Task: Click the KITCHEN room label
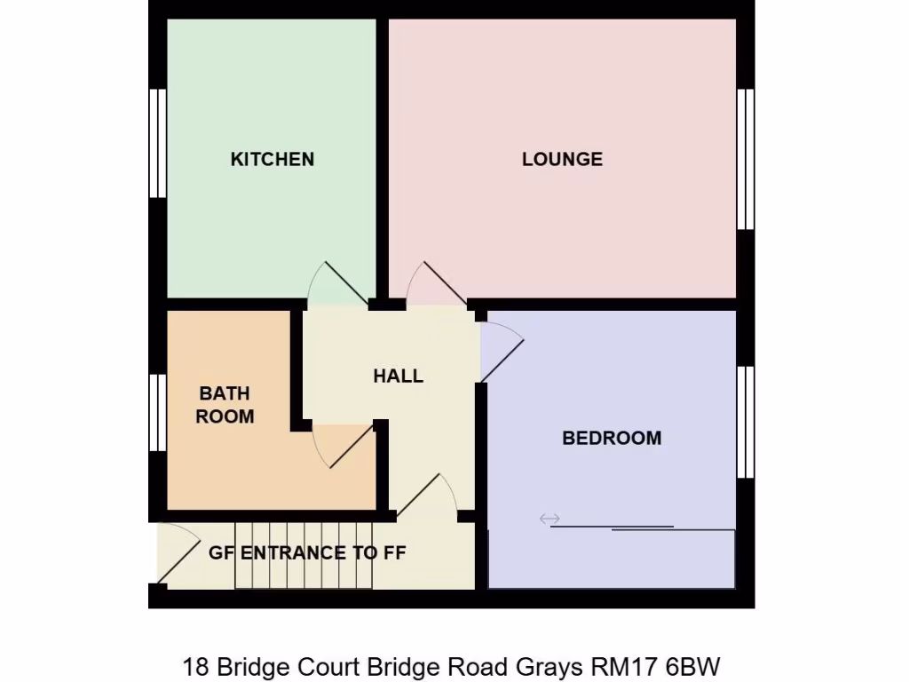tap(272, 159)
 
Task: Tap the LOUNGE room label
tap(562, 159)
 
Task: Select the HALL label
tap(398, 376)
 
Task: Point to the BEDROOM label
tap(612, 438)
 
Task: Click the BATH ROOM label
tap(225, 405)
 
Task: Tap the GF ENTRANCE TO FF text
tap(307, 553)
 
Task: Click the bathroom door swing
tap(340, 444)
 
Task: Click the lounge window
tap(746, 159)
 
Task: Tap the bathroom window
tap(158, 412)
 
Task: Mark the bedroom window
tap(746, 421)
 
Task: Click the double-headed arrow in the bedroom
tap(549, 519)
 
